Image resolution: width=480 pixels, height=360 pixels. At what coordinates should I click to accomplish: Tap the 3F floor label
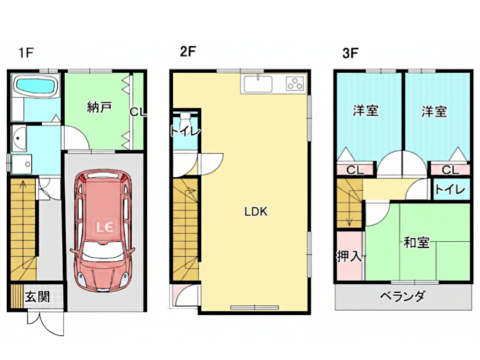click(350, 53)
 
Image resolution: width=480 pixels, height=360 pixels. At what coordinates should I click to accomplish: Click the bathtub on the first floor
click(34, 86)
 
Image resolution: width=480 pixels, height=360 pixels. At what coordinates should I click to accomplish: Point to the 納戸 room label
click(99, 108)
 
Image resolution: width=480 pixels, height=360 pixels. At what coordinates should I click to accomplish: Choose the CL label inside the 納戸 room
click(137, 112)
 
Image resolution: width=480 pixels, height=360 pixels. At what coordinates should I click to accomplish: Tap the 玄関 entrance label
click(37, 297)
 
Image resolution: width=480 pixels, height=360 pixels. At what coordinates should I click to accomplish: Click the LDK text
click(255, 212)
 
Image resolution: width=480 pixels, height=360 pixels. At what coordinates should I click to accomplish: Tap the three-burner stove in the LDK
click(295, 84)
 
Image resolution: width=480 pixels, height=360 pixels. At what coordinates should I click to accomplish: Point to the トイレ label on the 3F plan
click(450, 190)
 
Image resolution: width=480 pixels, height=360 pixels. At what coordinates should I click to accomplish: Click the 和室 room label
click(416, 242)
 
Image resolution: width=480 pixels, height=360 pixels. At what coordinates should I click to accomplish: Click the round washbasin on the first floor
click(19, 138)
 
